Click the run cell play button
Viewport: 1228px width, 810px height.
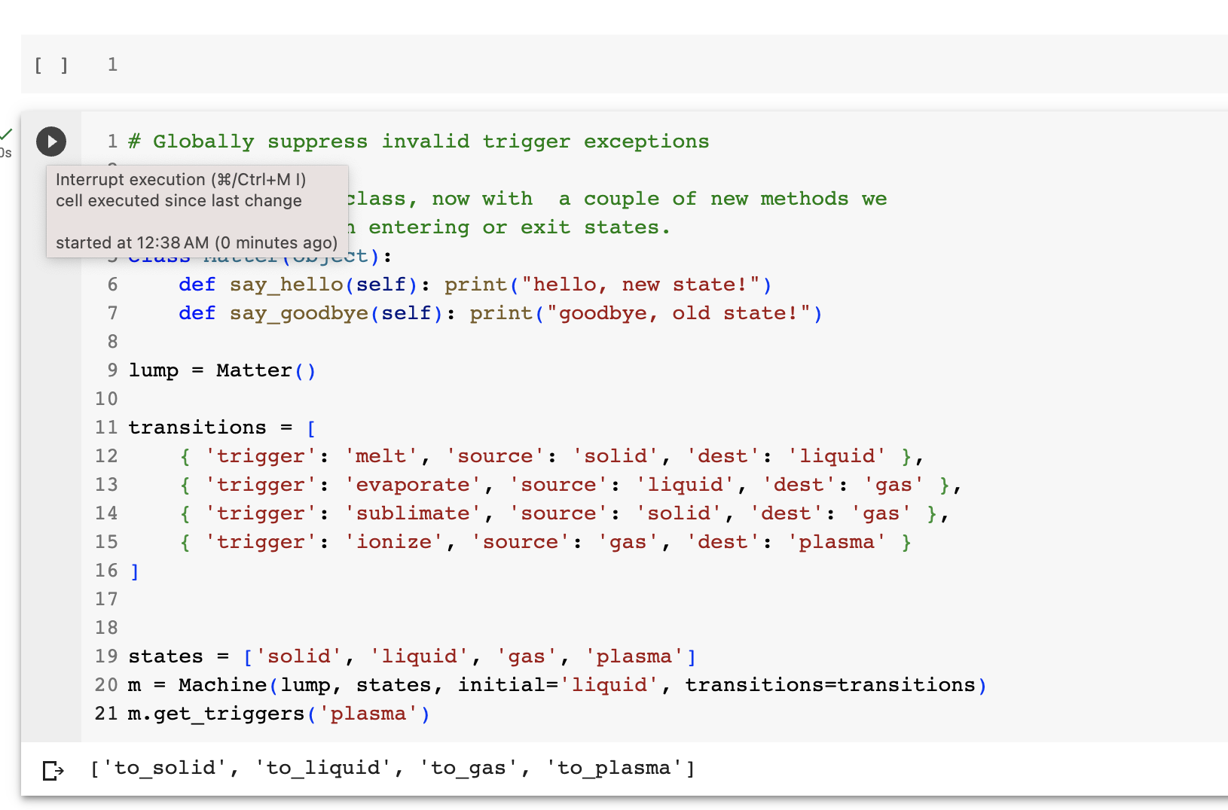(x=51, y=142)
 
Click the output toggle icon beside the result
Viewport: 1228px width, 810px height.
(x=53, y=770)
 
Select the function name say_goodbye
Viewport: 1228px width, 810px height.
(x=298, y=313)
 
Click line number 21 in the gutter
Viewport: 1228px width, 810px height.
(x=106, y=714)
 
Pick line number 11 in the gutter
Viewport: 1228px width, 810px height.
(x=106, y=428)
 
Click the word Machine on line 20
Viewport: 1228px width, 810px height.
(x=222, y=685)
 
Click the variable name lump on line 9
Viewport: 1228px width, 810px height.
(x=154, y=370)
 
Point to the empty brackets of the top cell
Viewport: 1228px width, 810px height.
(x=51, y=65)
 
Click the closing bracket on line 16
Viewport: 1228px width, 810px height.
(x=134, y=571)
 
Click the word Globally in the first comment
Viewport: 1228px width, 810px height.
(x=203, y=142)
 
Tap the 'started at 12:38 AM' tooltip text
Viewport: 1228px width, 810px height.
(x=132, y=242)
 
